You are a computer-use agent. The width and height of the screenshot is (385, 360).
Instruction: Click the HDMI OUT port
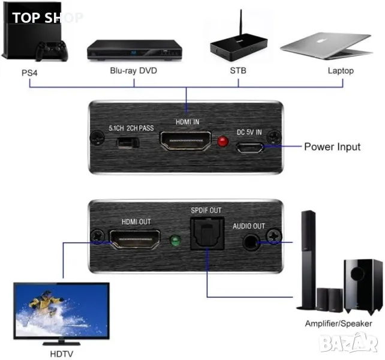click(x=135, y=241)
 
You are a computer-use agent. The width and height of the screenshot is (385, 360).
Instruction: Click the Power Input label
click(x=332, y=146)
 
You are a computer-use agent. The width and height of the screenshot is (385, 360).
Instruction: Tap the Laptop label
click(x=341, y=71)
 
